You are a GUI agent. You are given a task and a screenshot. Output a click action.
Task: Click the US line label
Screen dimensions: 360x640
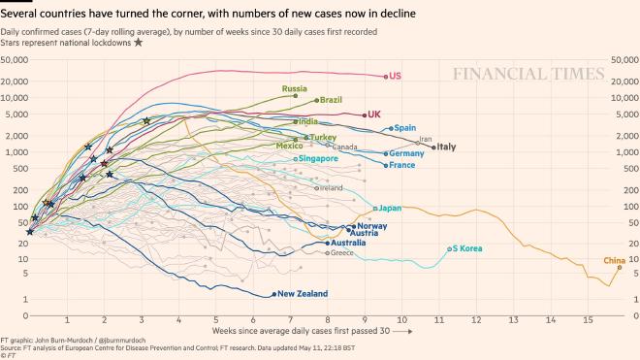point(396,76)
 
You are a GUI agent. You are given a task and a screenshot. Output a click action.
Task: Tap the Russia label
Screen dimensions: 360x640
point(295,88)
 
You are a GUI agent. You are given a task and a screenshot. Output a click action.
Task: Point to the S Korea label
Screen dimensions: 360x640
point(466,248)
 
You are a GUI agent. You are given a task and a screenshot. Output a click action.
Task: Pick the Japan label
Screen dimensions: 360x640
point(390,208)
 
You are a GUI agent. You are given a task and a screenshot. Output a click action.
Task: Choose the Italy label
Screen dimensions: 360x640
point(446,147)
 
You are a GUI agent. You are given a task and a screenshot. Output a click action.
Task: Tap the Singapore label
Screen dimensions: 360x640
point(318,158)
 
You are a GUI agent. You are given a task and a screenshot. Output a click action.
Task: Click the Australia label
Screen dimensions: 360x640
point(348,243)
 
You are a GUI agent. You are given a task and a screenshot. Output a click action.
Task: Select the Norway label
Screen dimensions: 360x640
point(372,225)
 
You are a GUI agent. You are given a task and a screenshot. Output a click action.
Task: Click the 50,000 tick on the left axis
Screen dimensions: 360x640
point(18,60)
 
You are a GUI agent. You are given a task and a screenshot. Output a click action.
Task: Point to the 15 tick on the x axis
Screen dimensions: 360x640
point(588,319)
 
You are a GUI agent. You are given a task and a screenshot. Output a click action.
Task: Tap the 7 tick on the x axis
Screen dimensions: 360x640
point(291,319)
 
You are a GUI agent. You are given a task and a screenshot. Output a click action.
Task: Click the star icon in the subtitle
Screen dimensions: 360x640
point(138,42)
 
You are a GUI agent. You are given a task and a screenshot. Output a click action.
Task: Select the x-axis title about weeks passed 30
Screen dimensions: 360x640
point(309,331)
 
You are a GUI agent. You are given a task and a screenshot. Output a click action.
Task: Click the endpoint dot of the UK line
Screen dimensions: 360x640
point(360,115)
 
